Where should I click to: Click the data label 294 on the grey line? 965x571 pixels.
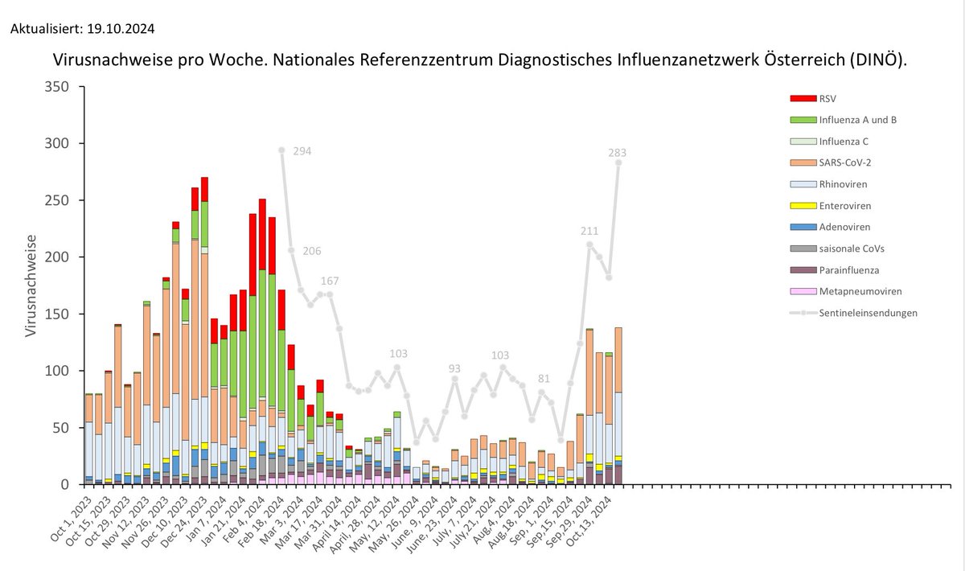click(302, 151)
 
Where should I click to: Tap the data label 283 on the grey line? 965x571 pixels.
click(617, 152)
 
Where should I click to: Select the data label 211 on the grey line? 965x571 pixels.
click(590, 232)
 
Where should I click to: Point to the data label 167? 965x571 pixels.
click(330, 281)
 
